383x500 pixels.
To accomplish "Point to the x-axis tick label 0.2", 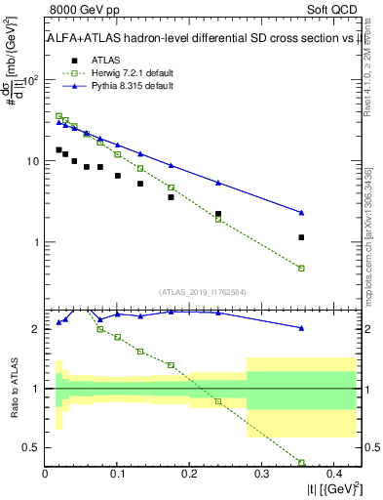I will click(188, 474).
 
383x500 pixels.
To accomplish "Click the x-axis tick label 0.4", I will click(332, 474).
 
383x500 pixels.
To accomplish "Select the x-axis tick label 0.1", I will click(117, 474).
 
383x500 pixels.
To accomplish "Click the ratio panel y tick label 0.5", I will click(31, 448).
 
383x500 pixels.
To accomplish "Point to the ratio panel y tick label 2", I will click(35, 329).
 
